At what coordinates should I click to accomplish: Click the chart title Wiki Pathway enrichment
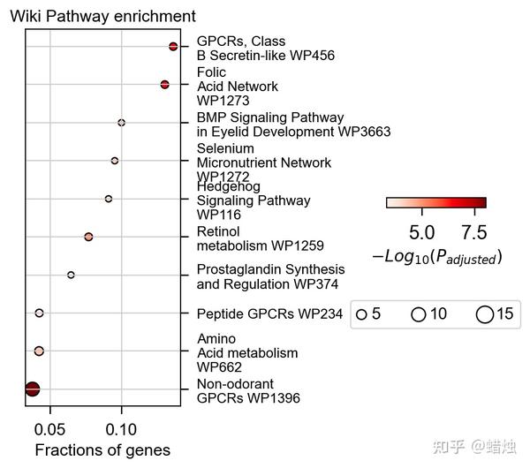(102, 16)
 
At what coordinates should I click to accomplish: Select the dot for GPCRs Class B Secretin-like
(173, 46)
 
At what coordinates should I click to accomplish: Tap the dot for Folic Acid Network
(164, 84)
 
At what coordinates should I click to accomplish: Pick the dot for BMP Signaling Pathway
(121, 123)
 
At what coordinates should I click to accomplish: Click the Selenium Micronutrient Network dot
(115, 161)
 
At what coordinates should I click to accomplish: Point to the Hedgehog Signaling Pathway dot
(109, 199)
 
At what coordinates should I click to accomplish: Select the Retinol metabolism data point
(88, 237)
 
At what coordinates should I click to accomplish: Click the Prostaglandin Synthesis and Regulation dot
(71, 275)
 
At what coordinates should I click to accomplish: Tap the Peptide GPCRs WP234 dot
(39, 313)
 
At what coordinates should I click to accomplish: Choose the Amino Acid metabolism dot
(39, 351)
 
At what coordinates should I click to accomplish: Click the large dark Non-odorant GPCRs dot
(33, 389)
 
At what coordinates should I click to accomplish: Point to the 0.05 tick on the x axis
(50, 429)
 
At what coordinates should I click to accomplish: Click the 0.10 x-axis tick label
(121, 429)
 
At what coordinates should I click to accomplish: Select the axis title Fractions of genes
(102, 450)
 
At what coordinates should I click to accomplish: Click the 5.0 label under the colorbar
(422, 232)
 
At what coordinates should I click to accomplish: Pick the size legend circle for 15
(484, 314)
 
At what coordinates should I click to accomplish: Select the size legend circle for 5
(361, 314)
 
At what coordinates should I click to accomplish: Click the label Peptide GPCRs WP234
(269, 313)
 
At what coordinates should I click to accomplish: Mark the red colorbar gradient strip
(436, 202)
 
